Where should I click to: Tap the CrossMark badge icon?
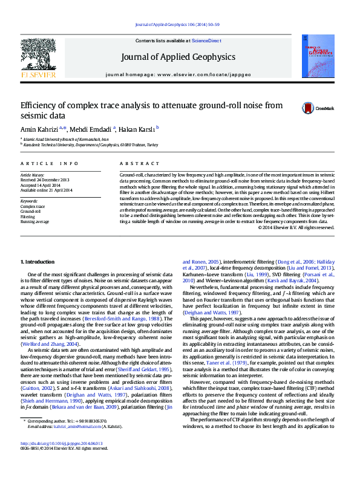point(309,108)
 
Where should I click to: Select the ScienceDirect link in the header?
point(206,40)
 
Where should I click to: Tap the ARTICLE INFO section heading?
point(49,164)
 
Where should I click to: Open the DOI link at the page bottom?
point(62,459)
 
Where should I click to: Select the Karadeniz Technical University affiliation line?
point(91,145)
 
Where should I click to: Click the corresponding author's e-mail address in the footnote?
point(67,444)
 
